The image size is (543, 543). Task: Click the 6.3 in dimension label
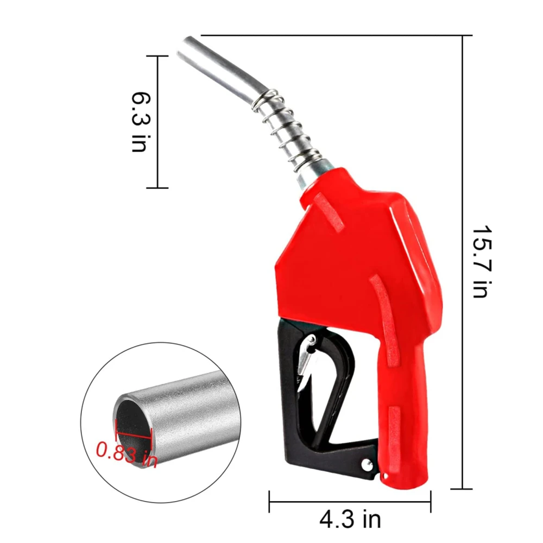point(141,122)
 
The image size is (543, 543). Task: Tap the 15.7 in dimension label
point(482,262)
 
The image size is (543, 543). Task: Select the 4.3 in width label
point(350,519)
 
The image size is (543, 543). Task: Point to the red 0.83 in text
point(127,454)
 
